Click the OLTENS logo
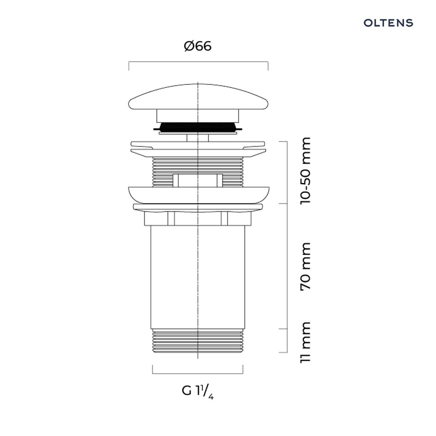388,23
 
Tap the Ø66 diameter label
198,46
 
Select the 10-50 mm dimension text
305,171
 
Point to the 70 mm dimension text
305,267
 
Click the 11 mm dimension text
305,342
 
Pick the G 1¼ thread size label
198,391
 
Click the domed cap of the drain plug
198,97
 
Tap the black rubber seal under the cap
198,127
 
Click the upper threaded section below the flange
198,172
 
